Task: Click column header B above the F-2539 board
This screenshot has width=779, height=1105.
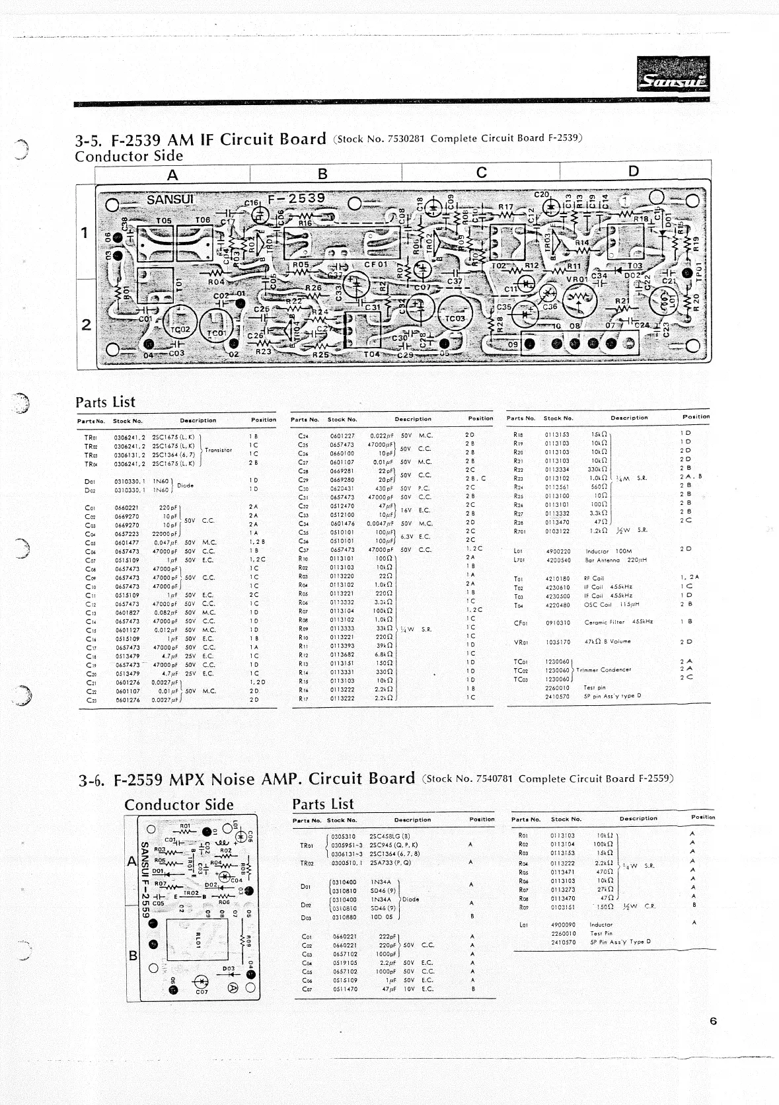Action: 322,174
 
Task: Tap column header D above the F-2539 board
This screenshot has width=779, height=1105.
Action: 634,172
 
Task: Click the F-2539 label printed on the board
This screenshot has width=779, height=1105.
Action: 297,198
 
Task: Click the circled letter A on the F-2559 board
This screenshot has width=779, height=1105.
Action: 233,987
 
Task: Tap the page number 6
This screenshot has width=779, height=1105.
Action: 713,1021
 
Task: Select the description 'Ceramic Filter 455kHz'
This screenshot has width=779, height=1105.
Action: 619,622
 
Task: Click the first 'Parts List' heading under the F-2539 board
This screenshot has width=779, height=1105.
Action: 105,402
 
